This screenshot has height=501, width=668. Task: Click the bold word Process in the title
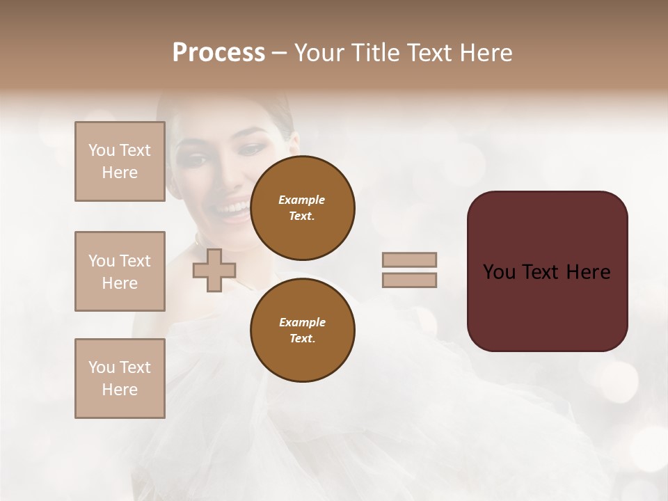click(x=218, y=53)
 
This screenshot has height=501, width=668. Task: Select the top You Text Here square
click(x=120, y=161)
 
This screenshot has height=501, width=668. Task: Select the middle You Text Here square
click(x=120, y=271)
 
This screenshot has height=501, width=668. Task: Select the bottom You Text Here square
click(x=120, y=379)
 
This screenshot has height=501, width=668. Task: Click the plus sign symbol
click(x=214, y=270)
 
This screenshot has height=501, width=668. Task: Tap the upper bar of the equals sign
click(x=409, y=260)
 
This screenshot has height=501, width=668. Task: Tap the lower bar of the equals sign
click(x=409, y=280)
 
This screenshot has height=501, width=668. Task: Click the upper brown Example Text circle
click(x=302, y=207)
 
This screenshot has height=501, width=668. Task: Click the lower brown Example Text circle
click(x=302, y=330)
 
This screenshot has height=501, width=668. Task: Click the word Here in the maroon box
click(x=588, y=272)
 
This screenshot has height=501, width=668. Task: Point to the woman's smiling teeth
click(x=232, y=208)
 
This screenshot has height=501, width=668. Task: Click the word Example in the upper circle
click(x=302, y=200)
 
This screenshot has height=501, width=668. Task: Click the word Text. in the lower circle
click(x=302, y=339)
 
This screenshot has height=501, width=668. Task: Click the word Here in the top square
click(x=120, y=173)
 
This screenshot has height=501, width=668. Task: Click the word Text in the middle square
click(x=135, y=261)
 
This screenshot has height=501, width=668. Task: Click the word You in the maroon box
click(x=499, y=272)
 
